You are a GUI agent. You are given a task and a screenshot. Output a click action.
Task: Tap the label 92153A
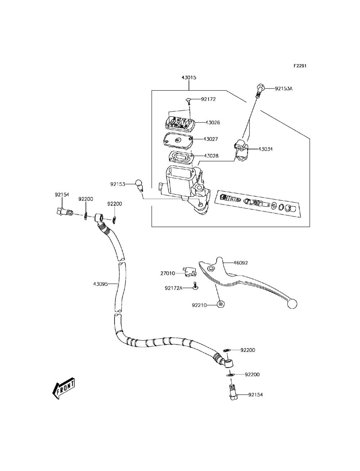coord(284,88)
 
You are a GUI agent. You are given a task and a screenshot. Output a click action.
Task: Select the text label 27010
coord(168,273)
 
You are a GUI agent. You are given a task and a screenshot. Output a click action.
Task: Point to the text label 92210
coord(199,305)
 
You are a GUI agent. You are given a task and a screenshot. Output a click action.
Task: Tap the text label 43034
coord(265,149)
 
